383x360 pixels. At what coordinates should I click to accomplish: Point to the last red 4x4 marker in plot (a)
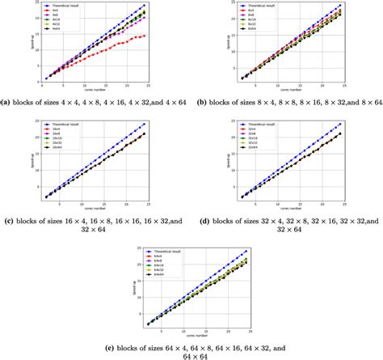[x=145, y=36]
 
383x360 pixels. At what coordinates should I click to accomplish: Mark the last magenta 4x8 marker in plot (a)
[x=145, y=18]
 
